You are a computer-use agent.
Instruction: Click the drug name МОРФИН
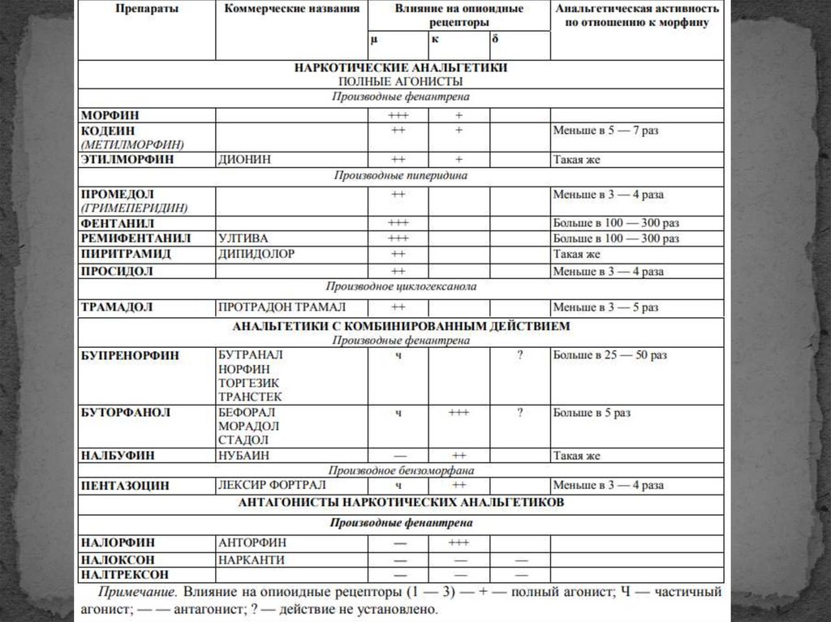[x=109, y=116]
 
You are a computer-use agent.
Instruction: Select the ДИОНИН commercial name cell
[x=244, y=160]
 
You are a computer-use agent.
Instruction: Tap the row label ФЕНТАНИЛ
[x=118, y=223]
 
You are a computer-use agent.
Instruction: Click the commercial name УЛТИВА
[x=243, y=238]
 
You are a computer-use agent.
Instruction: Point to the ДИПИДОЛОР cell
[x=256, y=254]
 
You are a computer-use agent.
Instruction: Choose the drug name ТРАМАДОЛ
[x=117, y=308]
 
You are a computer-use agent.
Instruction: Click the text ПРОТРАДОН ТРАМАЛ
[x=282, y=308]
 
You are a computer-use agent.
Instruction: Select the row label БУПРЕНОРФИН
[x=130, y=355]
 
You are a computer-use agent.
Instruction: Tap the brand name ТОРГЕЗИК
[x=249, y=383]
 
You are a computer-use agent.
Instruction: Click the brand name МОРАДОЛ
[x=248, y=426]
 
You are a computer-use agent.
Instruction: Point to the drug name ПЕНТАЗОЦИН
[x=125, y=486]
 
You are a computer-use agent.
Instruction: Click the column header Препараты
[x=146, y=9]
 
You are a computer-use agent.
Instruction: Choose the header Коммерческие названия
[x=291, y=9]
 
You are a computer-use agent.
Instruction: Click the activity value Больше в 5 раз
[x=592, y=413]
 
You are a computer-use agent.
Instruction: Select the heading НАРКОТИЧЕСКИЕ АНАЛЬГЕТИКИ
[x=400, y=68]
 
